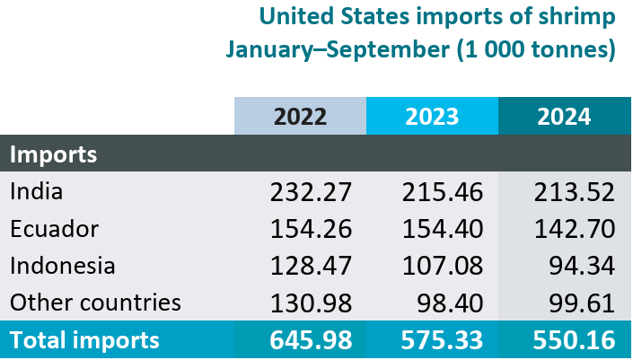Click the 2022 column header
click(x=300, y=116)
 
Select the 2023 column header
click(x=432, y=116)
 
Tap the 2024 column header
click(x=564, y=116)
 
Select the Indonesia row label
click(x=63, y=265)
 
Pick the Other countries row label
click(x=95, y=302)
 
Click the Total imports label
click(x=84, y=340)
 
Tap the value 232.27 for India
click(x=311, y=191)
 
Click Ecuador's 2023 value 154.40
click(x=443, y=228)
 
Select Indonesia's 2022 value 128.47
click(x=311, y=265)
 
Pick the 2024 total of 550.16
click(x=574, y=340)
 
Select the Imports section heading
click(x=54, y=154)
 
